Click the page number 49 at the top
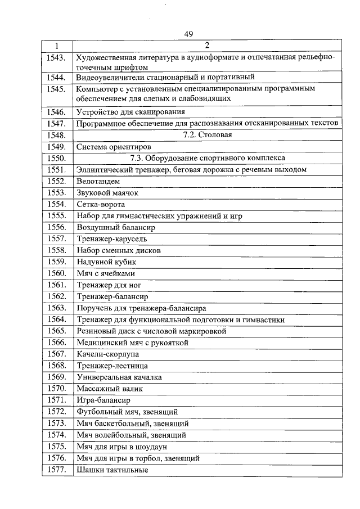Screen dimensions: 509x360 (x=188, y=34)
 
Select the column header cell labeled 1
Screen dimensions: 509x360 (x=57, y=46)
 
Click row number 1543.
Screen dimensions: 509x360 (x=57, y=57)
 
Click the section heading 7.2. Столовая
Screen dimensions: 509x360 (x=208, y=135)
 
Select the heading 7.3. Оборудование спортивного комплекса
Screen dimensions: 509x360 (x=208, y=158)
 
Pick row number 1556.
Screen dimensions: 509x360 (x=57, y=227)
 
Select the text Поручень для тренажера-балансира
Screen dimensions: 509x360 (x=141, y=308)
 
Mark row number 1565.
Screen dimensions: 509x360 (x=57, y=331)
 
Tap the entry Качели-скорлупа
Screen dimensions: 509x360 (x=107, y=354)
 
